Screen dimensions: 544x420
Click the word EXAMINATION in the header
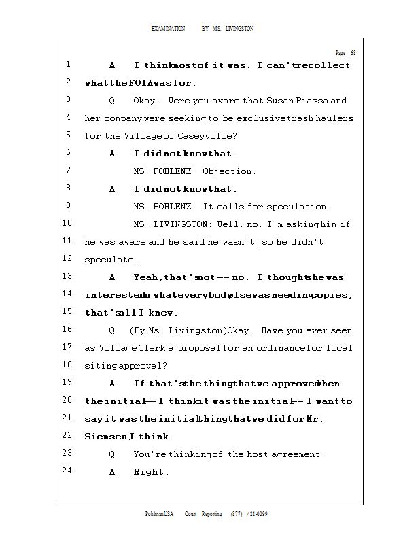[x=168, y=29]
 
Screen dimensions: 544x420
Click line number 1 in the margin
[x=69, y=65]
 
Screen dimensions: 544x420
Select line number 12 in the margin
[x=67, y=258]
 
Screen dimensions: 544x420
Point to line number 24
[x=67, y=471]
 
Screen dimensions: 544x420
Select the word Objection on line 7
[x=228, y=171]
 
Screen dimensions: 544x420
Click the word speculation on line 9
[x=298, y=207]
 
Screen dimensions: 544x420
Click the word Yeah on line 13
[x=147, y=277]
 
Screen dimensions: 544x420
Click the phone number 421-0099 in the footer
[x=257, y=514]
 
